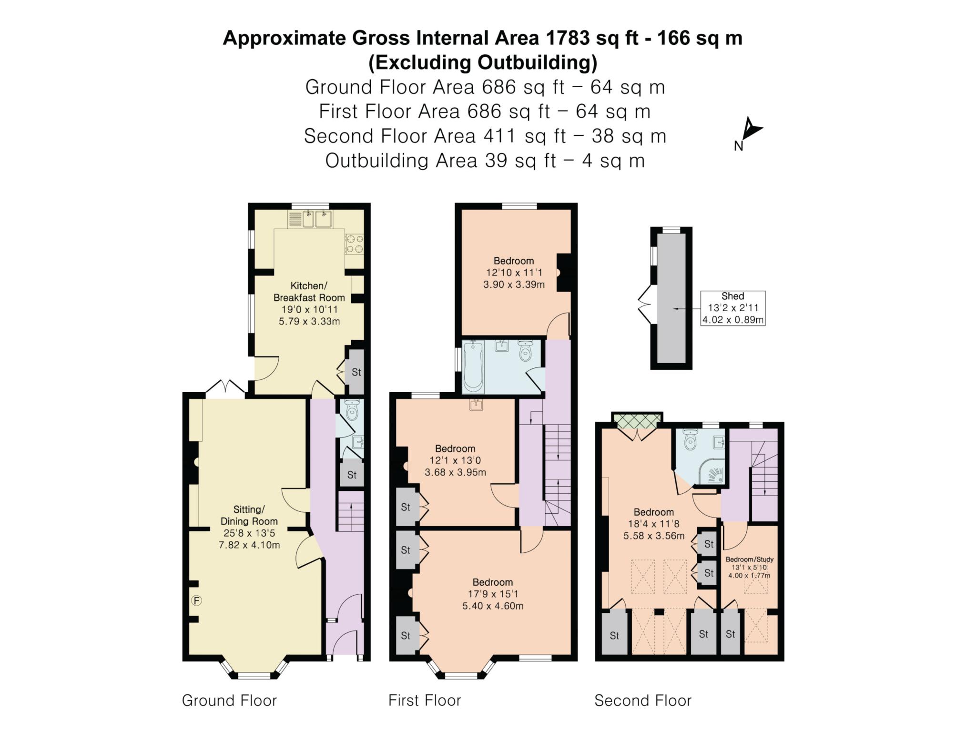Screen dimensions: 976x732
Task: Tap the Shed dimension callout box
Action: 733,308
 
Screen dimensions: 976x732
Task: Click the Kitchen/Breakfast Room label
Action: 309,292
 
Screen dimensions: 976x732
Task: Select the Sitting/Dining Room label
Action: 249,515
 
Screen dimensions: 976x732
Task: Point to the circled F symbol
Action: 196,601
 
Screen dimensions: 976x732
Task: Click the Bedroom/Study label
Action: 749,559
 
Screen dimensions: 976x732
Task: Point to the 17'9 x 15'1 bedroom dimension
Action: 493,594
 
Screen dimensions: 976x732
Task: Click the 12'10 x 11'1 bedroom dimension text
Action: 514,273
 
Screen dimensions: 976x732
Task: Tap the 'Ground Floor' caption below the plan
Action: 229,701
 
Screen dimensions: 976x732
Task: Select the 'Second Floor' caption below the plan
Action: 643,701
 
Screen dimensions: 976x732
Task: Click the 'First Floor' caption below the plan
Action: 425,701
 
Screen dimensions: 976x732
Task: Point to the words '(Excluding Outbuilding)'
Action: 483,62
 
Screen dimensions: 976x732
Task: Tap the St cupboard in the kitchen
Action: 356,372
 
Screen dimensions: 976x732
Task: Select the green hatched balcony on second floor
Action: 637,419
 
